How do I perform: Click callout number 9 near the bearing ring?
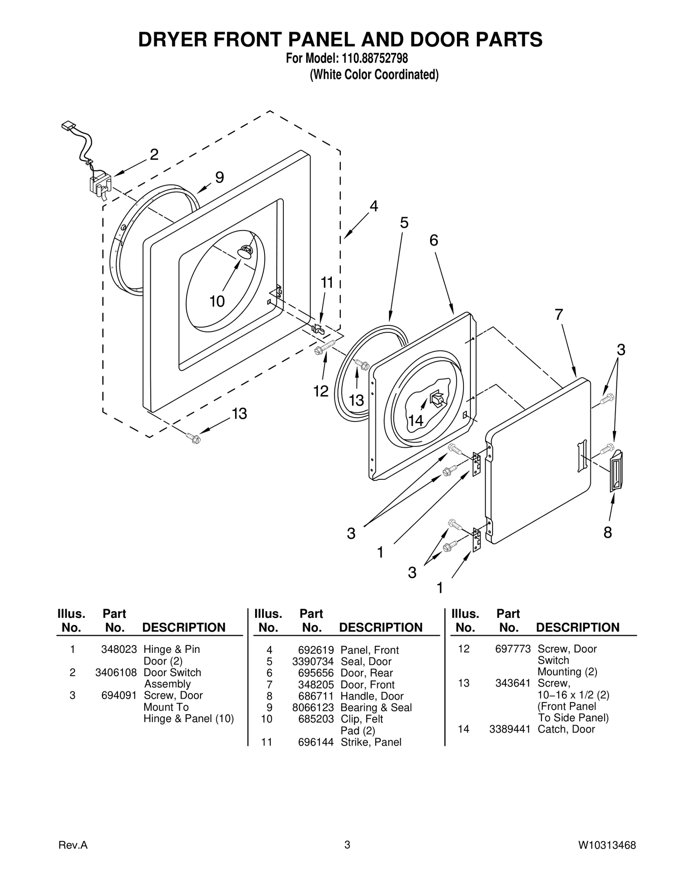point(220,177)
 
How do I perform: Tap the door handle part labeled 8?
point(616,471)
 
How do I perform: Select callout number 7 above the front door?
point(559,315)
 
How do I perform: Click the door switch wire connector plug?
point(68,126)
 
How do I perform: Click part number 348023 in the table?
point(119,649)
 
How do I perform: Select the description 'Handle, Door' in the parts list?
point(372,696)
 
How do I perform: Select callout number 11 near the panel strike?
point(327,283)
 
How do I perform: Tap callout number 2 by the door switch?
point(154,154)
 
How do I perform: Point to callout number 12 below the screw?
point(321,391)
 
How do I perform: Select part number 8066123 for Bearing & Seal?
point(316,707)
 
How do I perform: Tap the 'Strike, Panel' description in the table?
point(371,742)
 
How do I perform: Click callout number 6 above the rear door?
point(434,240)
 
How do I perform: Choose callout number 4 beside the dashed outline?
point(373,206)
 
